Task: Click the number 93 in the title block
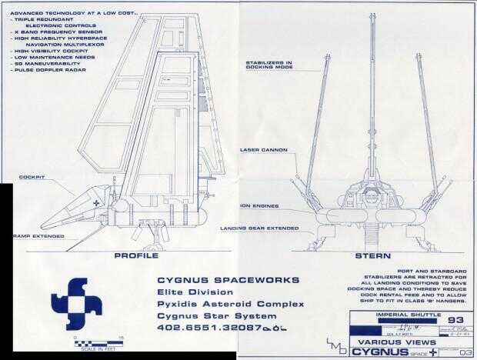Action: pos(455,319)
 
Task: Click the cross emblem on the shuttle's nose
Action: pos(95,202)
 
